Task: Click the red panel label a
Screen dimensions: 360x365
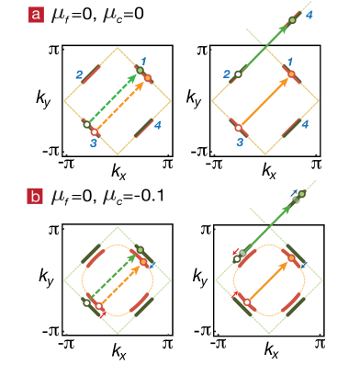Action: coord(36,15)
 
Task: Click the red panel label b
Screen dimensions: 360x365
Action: coord(36,195)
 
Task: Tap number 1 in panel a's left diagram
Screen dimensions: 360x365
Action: coord(142,60)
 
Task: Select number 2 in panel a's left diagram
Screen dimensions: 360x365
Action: coord(80,74)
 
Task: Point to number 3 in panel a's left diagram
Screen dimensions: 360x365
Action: coord(93,143)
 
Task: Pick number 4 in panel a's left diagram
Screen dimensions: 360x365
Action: coord(158,124)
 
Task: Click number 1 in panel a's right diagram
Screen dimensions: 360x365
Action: coord(291,61)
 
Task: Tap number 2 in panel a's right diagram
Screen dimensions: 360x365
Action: coord(227,74)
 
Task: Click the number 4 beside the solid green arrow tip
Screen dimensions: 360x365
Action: coord(309,16)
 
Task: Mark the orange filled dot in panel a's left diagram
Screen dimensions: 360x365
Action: coord(147,77)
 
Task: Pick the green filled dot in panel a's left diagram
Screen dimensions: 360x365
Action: coord(140,70)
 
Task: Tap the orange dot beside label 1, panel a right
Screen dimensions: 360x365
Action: coord(291,74)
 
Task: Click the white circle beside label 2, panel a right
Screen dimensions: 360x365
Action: coord(238,74)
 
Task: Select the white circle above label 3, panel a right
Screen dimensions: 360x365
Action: coord(238,128)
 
